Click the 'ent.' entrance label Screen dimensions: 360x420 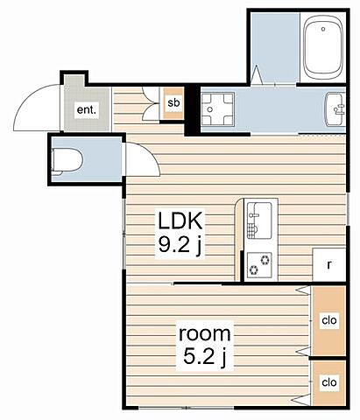point(86,110)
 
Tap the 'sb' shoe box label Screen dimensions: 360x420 point(173,102)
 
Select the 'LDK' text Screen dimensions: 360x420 point(180,220)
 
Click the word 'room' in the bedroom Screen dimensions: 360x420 point(204,333)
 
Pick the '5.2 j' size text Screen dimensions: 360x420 point(205,356)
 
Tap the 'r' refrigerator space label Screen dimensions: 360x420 point(329,265)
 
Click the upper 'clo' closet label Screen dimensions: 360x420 point(329,320)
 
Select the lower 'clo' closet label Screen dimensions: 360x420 point(329,381)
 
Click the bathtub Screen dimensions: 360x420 point(323,47)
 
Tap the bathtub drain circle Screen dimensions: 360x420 point(323,29)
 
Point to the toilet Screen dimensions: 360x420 point(67,161)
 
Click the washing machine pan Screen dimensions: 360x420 point(218,109)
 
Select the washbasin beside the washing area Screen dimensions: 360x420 point(335,109)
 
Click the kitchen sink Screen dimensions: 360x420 point(259,220)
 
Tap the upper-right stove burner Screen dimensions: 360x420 point(265,259)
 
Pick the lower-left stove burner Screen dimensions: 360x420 point(253,270)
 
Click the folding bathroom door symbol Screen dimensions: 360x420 point(257,75)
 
